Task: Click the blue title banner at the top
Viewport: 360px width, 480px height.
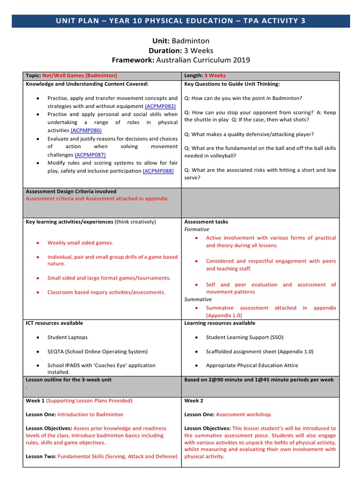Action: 180,21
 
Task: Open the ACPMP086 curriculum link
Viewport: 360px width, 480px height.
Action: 86,130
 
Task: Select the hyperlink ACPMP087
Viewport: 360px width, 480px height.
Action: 90,155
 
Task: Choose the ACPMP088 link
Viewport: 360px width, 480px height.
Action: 158,171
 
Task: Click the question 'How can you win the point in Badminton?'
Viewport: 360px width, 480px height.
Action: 243,98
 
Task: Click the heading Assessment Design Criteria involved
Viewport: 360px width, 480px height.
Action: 71,191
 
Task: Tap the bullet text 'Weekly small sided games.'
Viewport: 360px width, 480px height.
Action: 80,243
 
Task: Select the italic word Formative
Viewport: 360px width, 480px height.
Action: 197,229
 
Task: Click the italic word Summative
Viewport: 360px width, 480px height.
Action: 198,299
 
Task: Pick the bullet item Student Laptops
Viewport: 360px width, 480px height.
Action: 67,337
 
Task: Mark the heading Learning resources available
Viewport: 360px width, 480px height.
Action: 220,323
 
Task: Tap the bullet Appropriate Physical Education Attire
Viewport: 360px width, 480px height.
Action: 252,365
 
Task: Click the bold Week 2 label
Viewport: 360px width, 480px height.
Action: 194,401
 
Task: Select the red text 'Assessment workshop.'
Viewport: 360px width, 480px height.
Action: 244,414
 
